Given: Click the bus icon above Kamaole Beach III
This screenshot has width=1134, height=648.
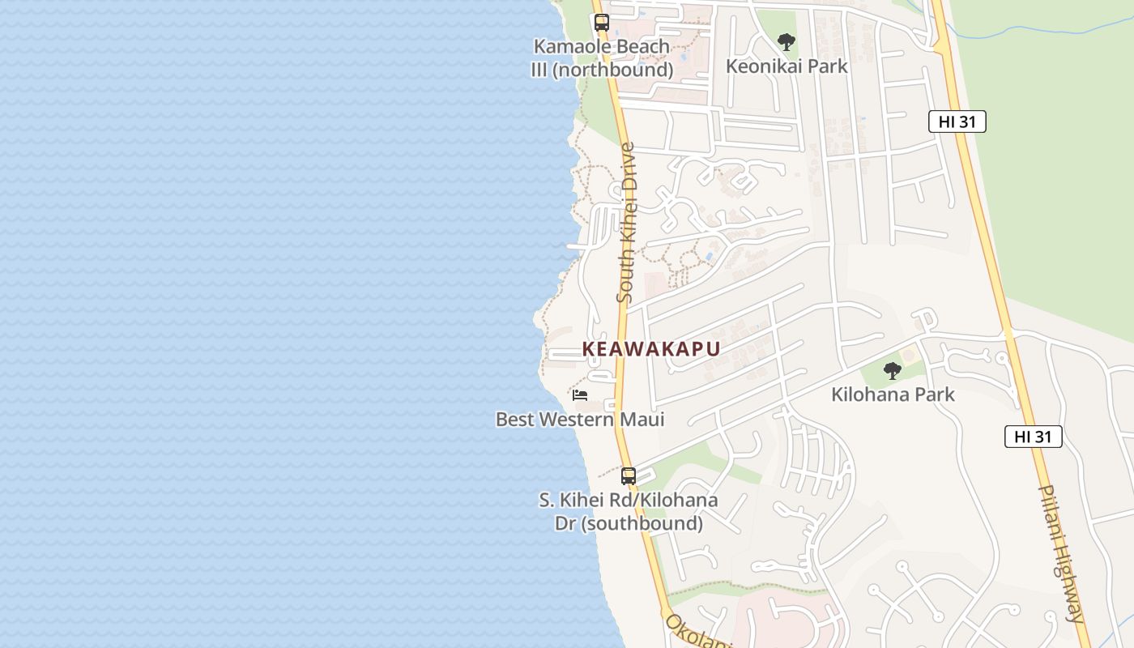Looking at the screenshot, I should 601,23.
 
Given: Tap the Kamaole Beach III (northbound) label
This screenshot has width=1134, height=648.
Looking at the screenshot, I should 602,58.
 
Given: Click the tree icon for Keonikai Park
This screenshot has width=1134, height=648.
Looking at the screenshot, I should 786,42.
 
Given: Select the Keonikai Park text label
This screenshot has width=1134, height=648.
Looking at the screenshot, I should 787,66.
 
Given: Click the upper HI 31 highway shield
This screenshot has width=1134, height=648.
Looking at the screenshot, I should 957,122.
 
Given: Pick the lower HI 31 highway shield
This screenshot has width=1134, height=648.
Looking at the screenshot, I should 1033,437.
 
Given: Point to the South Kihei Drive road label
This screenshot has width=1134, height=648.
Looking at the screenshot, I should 626,223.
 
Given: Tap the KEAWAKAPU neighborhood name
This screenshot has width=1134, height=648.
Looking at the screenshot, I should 651,349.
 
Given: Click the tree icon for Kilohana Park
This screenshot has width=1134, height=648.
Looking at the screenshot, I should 892,371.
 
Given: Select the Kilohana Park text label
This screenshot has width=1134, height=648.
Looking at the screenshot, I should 893,395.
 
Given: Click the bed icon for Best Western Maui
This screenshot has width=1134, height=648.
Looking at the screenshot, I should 579,395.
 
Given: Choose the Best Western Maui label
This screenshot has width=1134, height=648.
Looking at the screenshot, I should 580,420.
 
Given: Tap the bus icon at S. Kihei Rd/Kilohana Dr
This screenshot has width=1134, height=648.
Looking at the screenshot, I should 628,475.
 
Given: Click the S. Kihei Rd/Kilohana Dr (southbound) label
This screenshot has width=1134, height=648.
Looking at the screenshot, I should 629,512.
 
